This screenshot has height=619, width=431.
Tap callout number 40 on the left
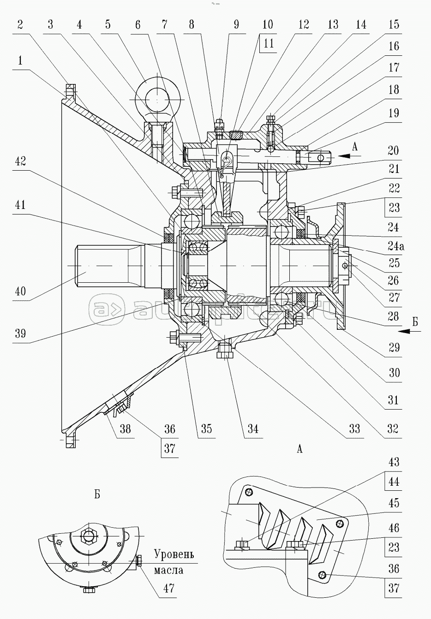(20, 292)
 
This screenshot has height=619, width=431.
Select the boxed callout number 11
(269, 44)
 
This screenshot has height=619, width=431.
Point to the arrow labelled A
(351, 156)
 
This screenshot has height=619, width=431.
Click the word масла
(168, 570)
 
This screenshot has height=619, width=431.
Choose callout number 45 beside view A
(394, 503)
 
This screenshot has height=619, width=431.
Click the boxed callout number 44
(394, 482)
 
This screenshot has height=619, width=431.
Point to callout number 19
(394, 113)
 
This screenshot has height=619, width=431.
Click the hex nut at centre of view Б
(89, 536)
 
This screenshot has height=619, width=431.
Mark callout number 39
(20, 333)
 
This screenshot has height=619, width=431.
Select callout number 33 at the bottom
(354, 429)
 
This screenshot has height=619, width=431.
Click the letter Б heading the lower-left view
(97, 494)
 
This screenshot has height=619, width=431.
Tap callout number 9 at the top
(236, 24)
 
